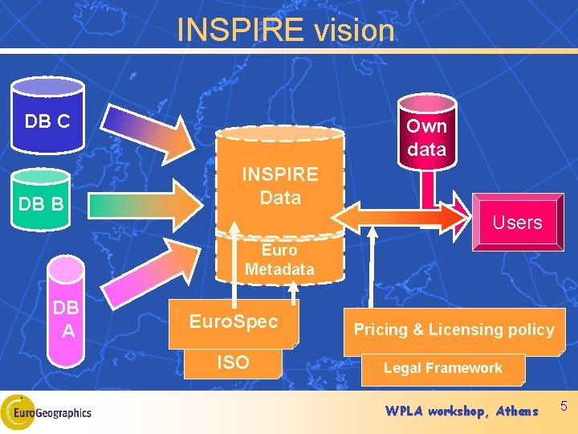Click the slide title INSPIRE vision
[x=286, y=31]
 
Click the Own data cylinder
[x=426, y=137]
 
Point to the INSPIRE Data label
[x=280, y=186]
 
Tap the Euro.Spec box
[x=233, y=322]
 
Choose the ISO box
[x=233, y=363]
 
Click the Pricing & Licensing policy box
[x=454, y=330]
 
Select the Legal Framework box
[x=442, y=368]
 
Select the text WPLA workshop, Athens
[x=461, y=411]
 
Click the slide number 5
[x=564, y=407]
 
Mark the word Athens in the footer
[x=517, y=411]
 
